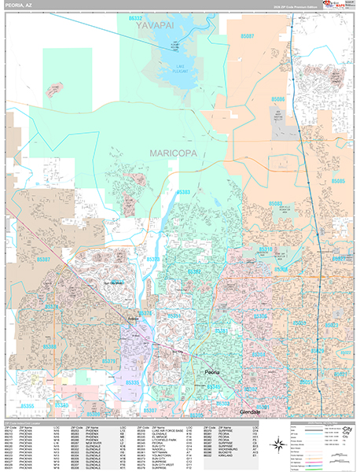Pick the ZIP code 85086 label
[277, 100]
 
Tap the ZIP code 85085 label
[338, 181]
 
